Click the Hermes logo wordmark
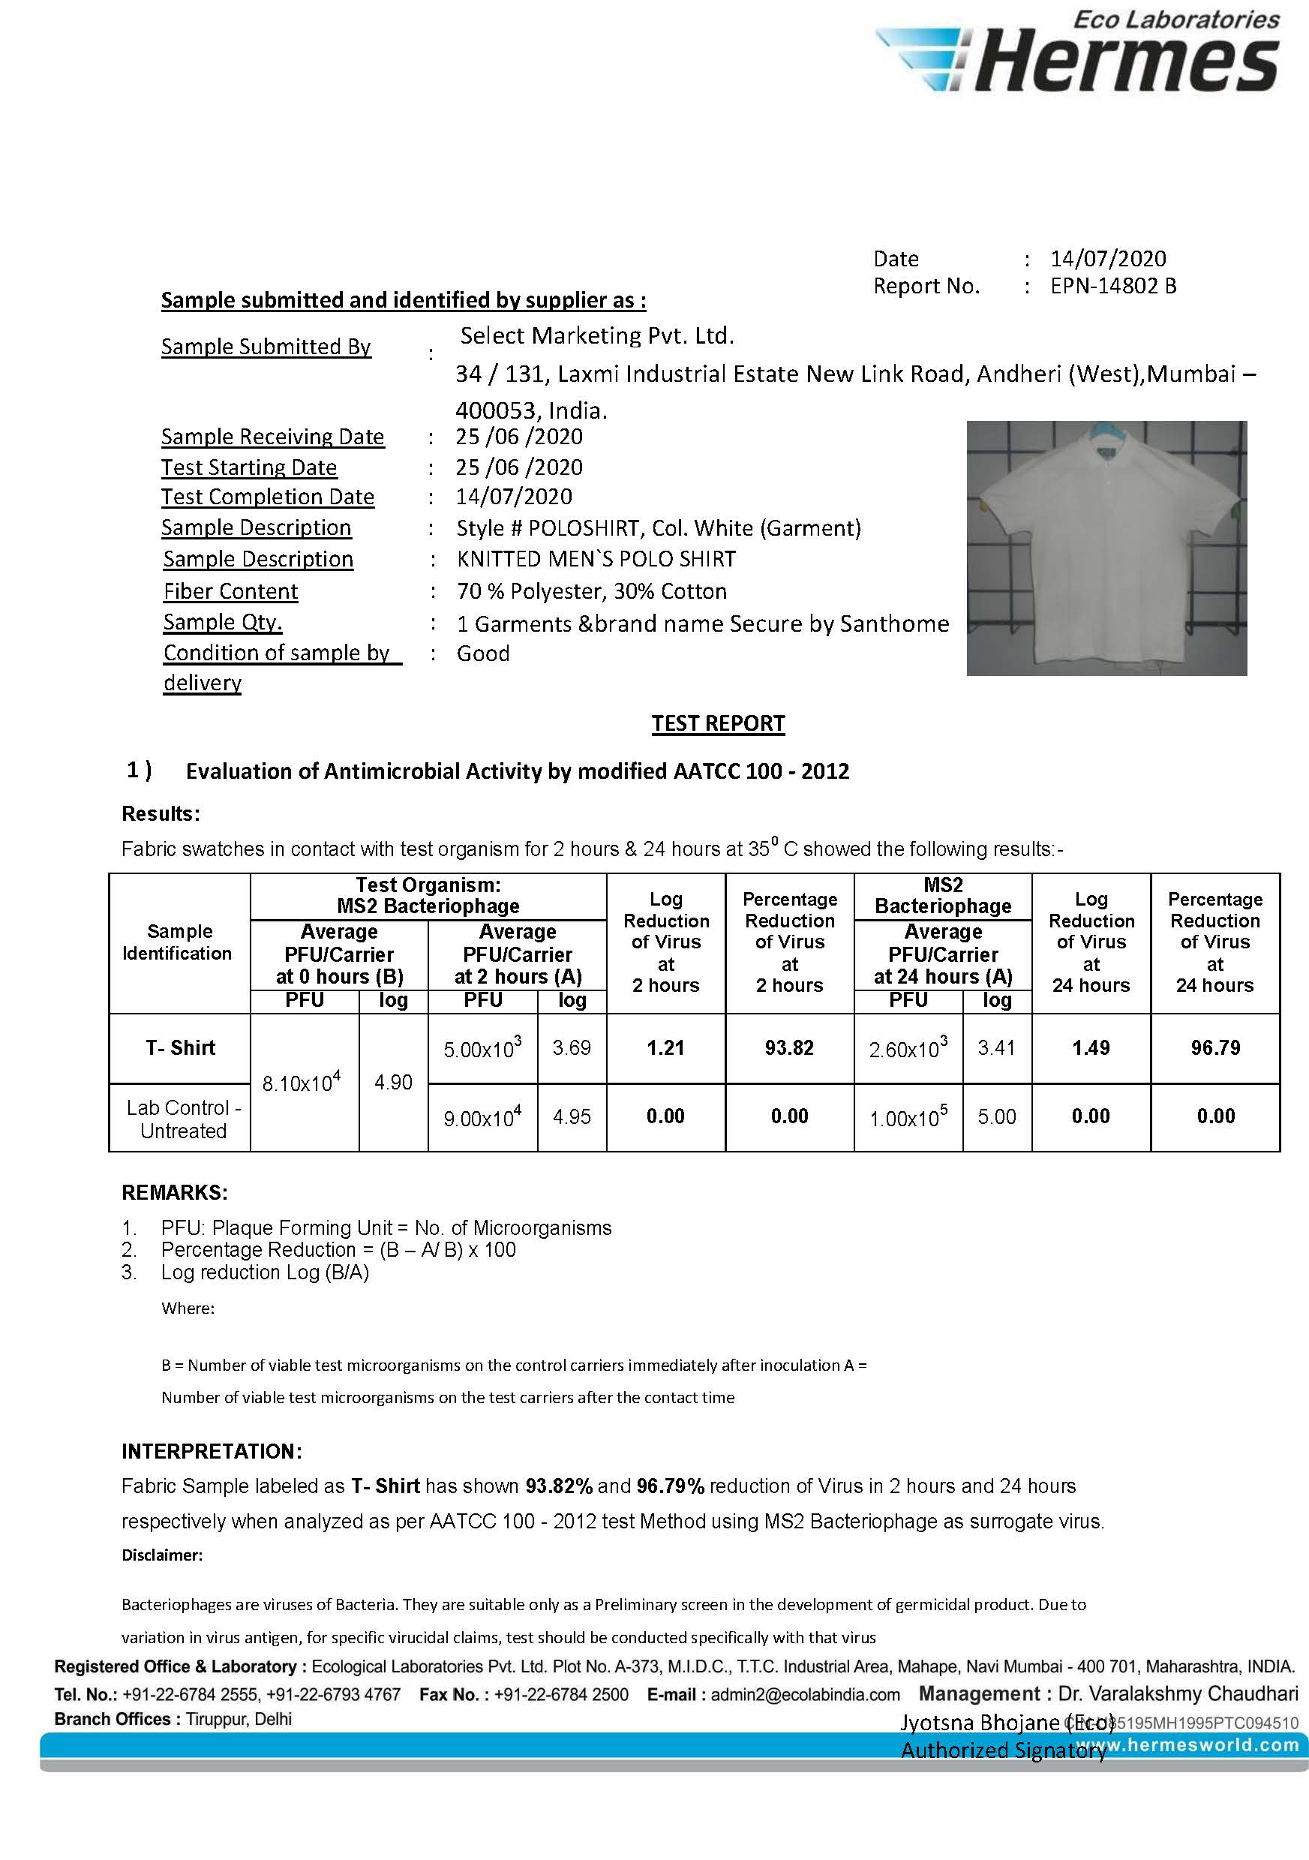tap(1126, 62)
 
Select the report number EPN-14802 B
tap(1113, 286)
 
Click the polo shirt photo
tap(1106, 548)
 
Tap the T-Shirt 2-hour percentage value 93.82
tap(789, 1047)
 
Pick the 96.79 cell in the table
tap(1215, 1047)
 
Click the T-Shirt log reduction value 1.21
tap(665, 1047)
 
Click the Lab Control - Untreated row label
tap(183, 1119)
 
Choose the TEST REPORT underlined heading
tap(718, 723)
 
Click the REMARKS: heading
tap(174, 1192)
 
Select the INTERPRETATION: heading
tap(212, 1451)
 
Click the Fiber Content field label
tap(231, 591)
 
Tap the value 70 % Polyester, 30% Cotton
tap(591, 591)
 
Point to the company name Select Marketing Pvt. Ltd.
tap(597, 335)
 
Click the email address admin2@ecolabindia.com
tap(805, 1695)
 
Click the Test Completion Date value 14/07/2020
tap(514, 497)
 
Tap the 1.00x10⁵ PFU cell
tap(908, 1118)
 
